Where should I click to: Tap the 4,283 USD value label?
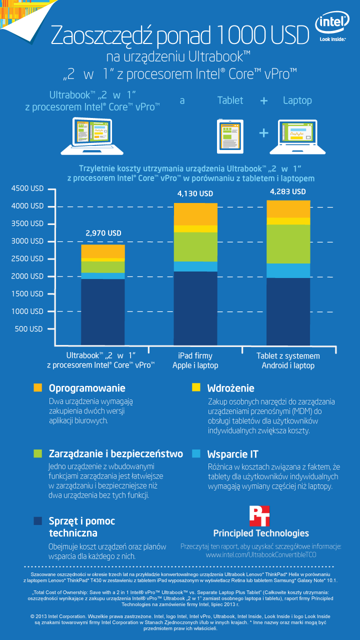(287, 192)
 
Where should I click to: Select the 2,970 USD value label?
(104, 233)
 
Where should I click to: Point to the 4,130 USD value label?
(195, 194)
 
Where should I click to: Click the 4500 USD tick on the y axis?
(27, 189)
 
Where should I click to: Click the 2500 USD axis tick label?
(27, 259)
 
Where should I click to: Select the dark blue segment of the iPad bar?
(195, 307)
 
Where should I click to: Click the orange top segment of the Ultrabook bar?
(103, 251)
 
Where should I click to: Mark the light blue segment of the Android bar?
(288, 270)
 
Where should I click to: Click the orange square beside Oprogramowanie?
(37, 388)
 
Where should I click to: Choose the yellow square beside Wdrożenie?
(196, 388)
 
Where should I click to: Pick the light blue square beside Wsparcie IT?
(196, 454)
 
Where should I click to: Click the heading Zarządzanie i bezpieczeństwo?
(116, 454)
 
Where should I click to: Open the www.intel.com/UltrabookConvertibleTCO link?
(261, 554)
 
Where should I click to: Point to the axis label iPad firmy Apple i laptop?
(195, 360)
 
